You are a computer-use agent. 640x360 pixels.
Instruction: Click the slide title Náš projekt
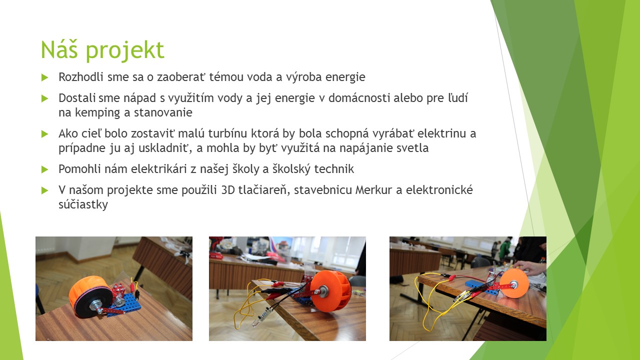pos(102,50)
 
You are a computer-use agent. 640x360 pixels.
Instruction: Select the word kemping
pos(97,113)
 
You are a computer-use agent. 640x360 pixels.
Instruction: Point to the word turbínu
pos(227,133)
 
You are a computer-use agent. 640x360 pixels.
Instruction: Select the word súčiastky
pos(83,204)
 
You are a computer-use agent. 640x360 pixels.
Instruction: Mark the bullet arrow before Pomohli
pos(45,169)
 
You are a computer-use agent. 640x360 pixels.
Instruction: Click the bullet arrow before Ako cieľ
pos(45,133)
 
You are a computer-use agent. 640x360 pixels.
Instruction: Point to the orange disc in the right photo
pos(514,283)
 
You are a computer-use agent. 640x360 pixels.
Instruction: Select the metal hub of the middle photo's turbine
pos(325,291)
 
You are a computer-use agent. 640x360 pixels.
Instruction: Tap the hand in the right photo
pos(532,268)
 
